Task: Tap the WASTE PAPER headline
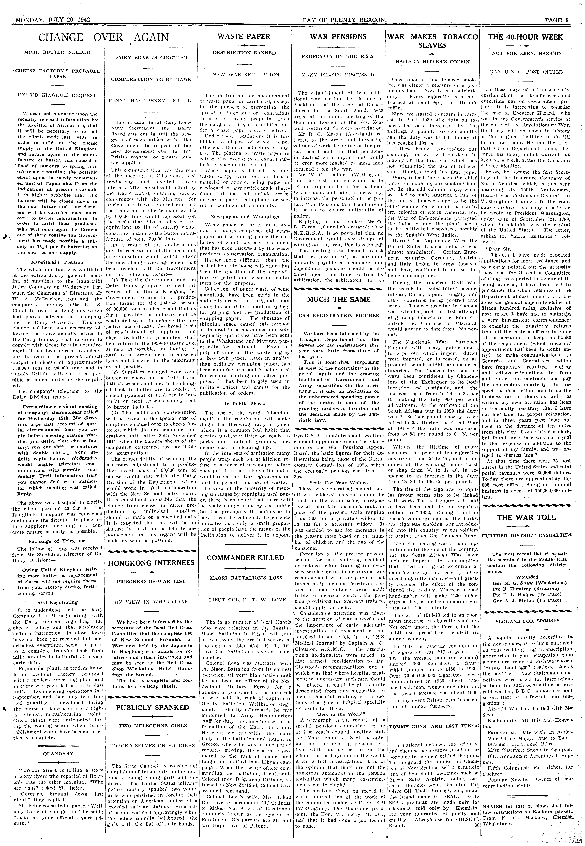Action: tap(244, 37)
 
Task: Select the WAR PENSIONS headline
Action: tap(338, 37)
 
